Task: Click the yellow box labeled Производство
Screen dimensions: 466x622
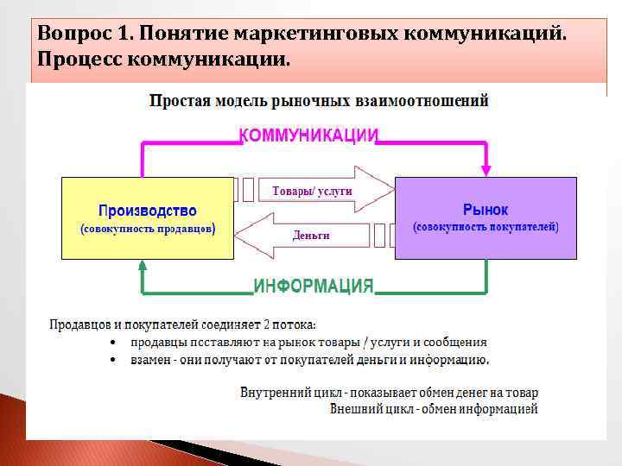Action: [x=147, y=217]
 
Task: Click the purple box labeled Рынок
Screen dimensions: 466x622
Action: [x=486, y=217]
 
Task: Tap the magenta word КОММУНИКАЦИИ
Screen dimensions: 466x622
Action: [x=308, y=135]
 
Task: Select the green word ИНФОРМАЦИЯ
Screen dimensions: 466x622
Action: [x=314, y=287]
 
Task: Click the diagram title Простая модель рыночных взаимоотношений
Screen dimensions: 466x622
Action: [x=319, y=101]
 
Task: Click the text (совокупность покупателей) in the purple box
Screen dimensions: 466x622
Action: [x=486, y=227]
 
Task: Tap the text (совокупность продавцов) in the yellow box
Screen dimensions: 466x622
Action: [x=147, y=230]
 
